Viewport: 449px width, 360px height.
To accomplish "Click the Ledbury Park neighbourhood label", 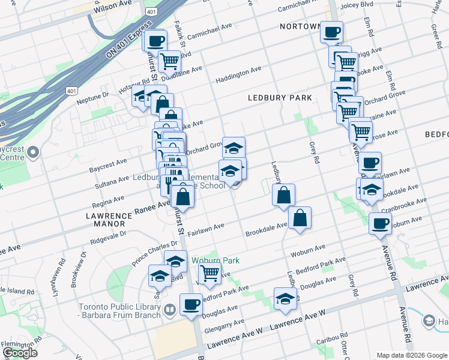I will pos(280,97).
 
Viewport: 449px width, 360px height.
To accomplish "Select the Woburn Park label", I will pos(215,260).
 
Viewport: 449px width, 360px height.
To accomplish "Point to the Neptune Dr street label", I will pos(92,95).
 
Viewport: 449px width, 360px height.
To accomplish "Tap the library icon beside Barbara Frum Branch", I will pos(170,310).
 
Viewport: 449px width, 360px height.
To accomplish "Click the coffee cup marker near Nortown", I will pos(331,32).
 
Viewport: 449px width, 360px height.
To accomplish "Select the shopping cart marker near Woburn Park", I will pos(209,272).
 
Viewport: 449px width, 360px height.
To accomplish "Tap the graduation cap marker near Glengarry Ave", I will pos(285,298).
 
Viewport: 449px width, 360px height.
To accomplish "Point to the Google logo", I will pos(20,353).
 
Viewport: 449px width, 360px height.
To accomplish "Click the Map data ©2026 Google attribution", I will pos(411,355).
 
